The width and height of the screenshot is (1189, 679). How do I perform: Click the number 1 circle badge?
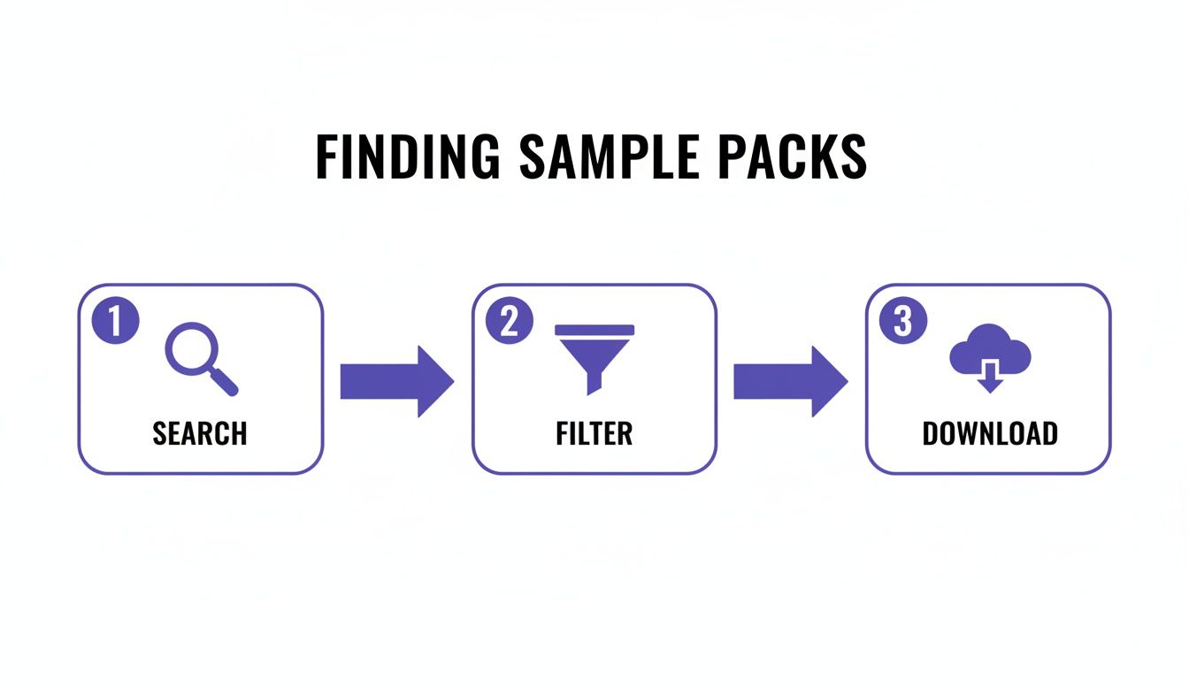116,322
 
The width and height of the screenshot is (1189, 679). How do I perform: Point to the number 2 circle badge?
510,322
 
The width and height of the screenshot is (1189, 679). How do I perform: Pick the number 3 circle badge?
902,322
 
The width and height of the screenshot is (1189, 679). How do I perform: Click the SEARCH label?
200,434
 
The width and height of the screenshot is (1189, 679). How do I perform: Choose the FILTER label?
594,434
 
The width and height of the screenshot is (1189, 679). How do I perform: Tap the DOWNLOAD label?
989,434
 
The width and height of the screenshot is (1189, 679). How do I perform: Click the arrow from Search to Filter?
397,381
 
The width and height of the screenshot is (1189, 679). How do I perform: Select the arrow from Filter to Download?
790,381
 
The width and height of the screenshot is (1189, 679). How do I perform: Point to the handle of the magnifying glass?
225,381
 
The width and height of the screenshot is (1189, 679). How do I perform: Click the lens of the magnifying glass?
190,348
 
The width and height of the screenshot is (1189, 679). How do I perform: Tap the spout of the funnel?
594,380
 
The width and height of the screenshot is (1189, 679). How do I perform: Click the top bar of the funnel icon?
594,330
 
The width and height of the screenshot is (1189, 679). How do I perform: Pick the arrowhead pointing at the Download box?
829,381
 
